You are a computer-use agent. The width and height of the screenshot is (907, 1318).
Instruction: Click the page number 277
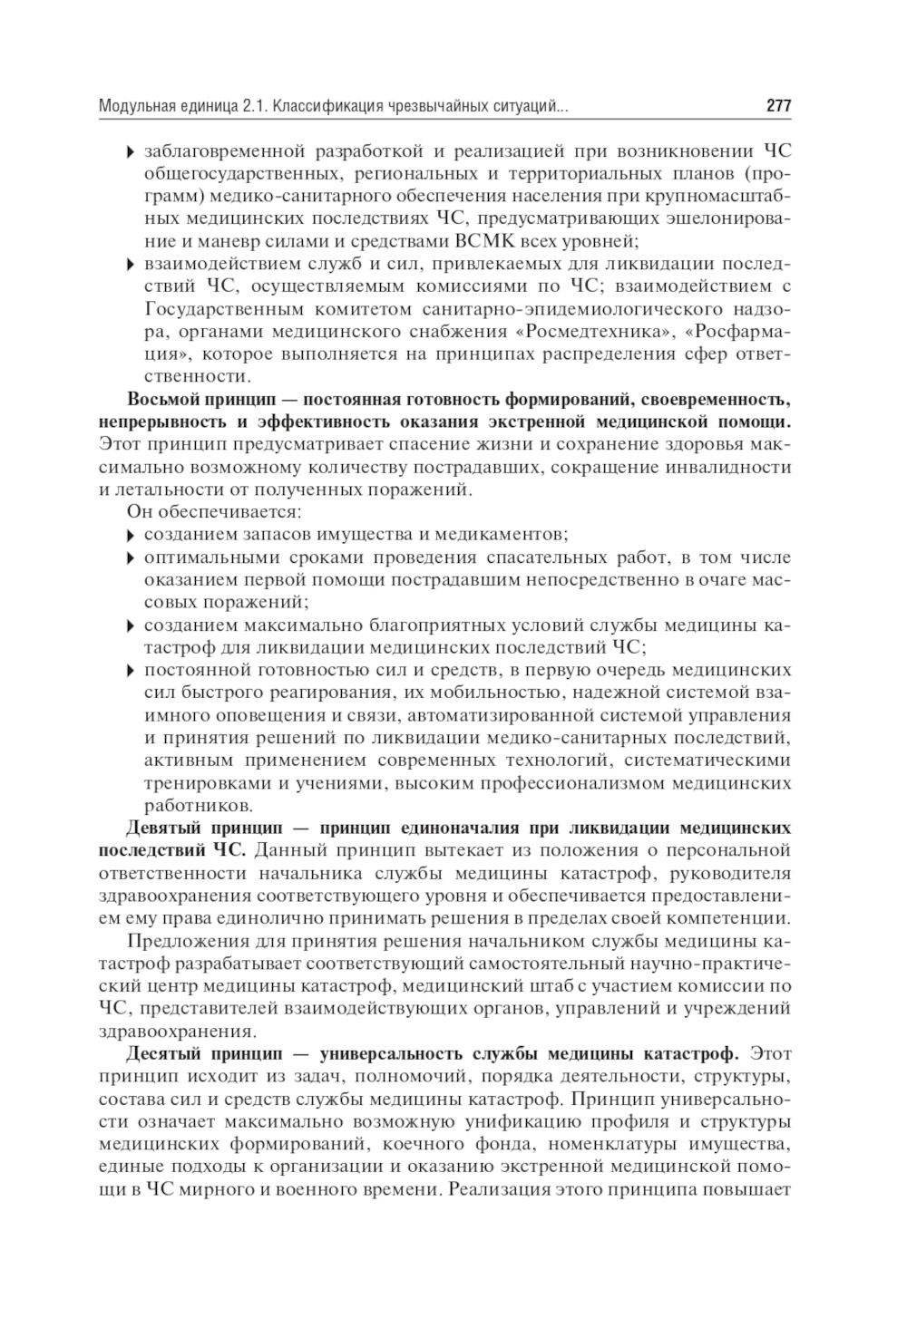[x=778, y=107]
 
